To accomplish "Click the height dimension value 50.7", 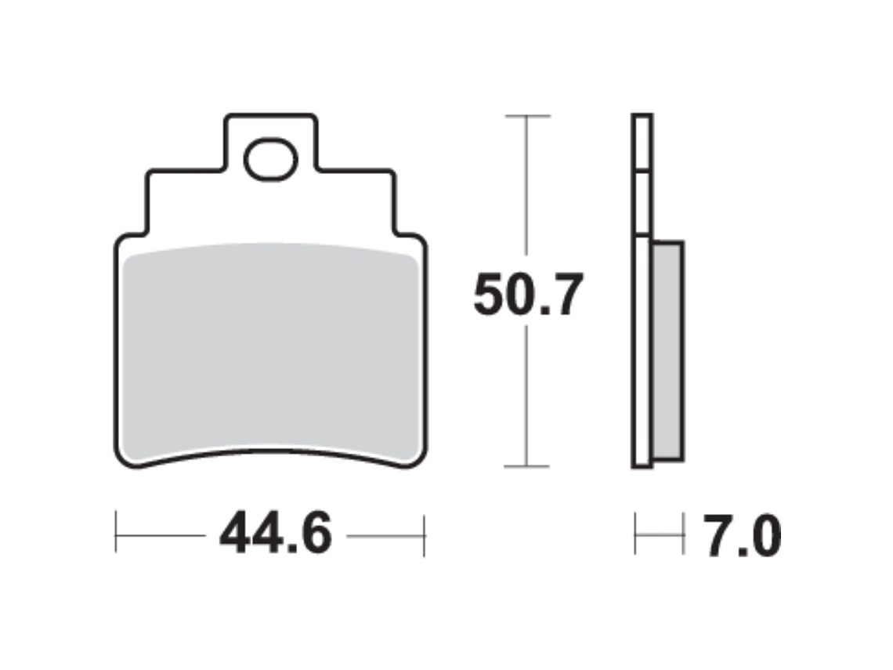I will click(x=528, y=295).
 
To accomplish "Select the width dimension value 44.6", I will click(x=276, y=535).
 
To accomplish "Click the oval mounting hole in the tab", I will click(x=271, y=159).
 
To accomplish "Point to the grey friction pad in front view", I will click(x=271, y=349).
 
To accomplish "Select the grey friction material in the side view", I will click(x=667, y=349).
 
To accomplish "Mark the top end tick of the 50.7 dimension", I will click(x=527, y=116).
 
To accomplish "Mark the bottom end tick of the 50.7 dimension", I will click(x=527, y=466).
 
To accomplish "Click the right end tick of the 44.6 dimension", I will click(x=424, y=535).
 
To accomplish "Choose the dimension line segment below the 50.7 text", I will click(x=527, y=392).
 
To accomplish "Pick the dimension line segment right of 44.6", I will click(x=384, y=535).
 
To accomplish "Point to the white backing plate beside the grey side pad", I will click(x=642, y=353).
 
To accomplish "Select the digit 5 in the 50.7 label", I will click(x=490, y=295).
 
